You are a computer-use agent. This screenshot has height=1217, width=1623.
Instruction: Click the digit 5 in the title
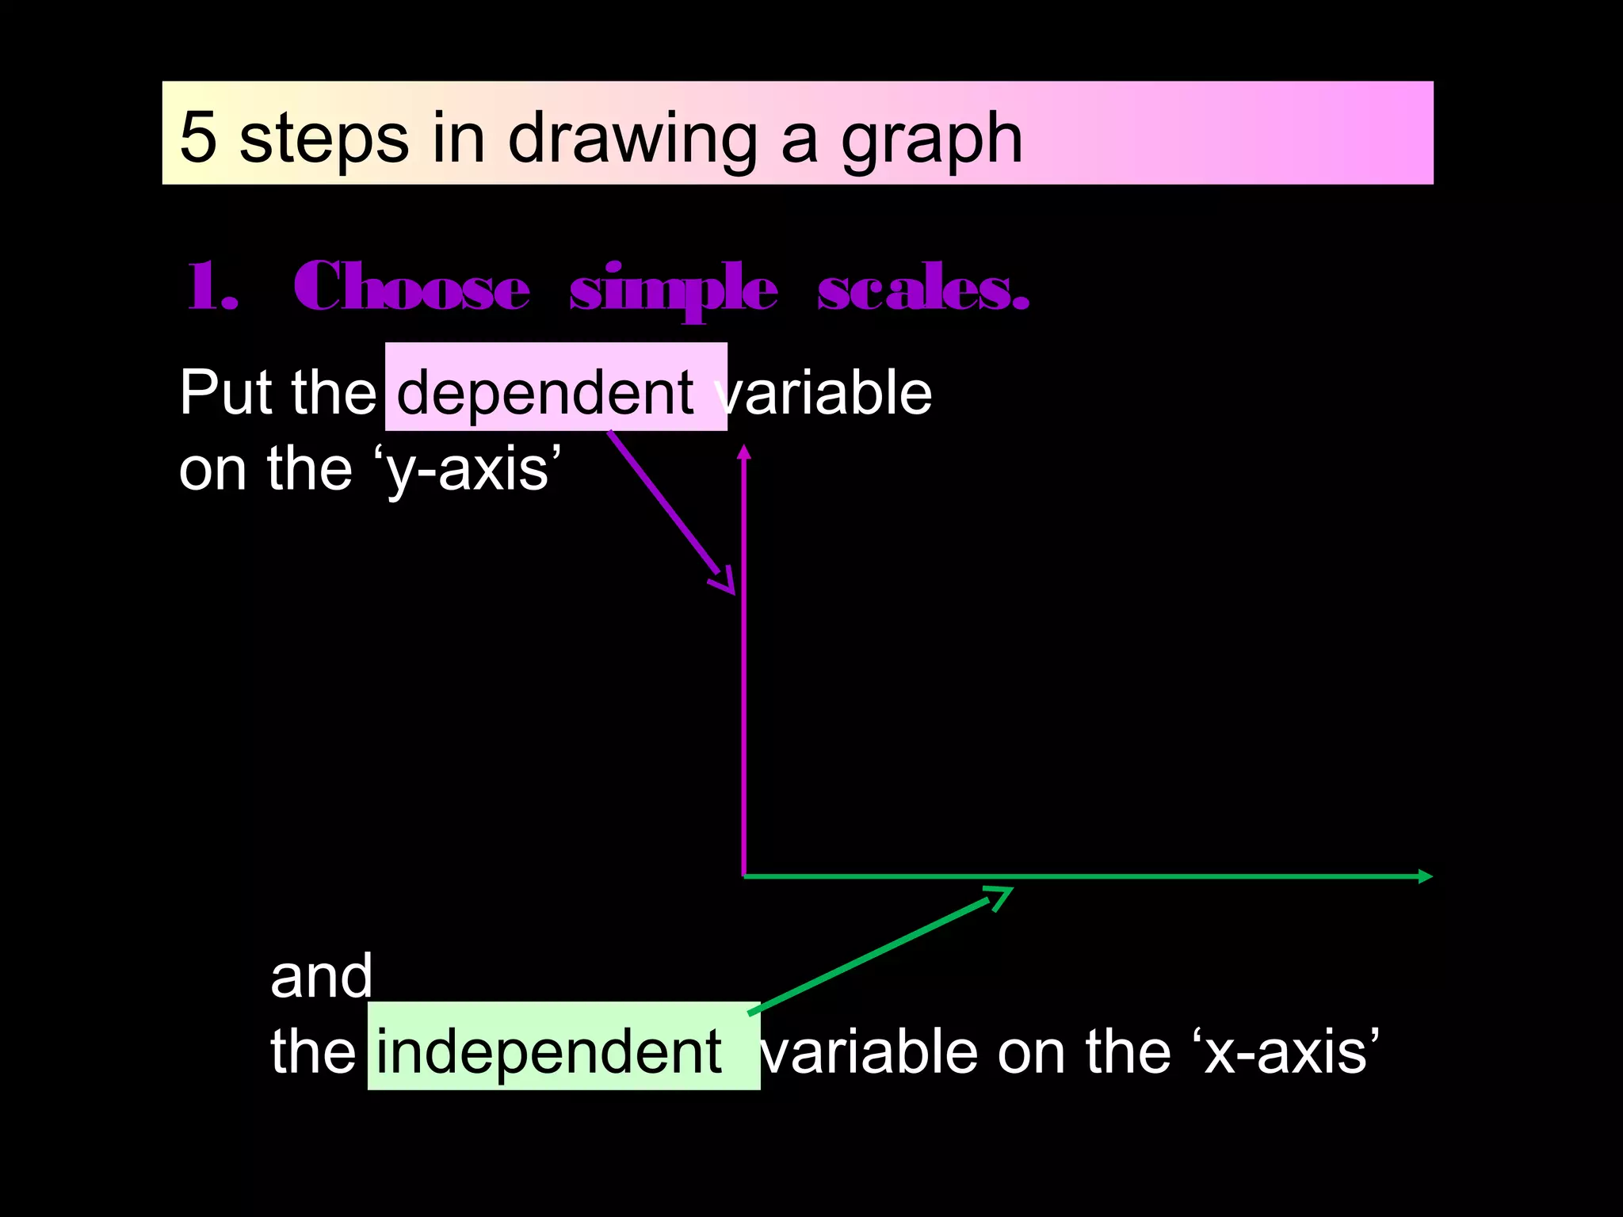[x=198, y=136]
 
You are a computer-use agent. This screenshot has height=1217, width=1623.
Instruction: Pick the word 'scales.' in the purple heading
[x=922, y=288]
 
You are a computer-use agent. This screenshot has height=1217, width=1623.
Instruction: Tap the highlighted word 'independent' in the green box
[x=548, y=1051]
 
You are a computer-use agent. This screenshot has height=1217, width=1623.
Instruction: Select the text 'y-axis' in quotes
[x=468, y=469]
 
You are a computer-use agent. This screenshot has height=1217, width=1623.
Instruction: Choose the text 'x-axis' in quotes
[x=1285, y=1051]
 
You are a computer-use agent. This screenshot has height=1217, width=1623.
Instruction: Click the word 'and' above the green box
[x=321, y=976]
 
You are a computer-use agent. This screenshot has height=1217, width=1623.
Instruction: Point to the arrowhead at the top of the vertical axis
[x=743, y=452]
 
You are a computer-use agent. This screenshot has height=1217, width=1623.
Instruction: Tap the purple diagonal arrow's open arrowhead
[x=724, y=582]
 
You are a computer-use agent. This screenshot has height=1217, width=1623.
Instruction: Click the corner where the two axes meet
[x=744, y=876]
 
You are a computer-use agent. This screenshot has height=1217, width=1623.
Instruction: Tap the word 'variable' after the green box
[x=871, y=1051]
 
